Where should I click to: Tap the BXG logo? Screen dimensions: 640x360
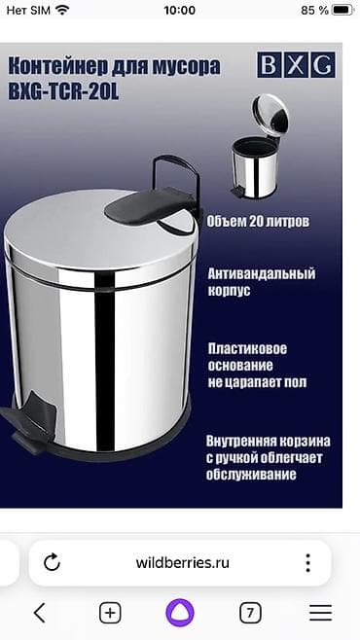click(296, 65)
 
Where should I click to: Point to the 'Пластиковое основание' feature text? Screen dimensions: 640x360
click(258, 365)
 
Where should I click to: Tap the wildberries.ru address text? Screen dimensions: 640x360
click(180, 562)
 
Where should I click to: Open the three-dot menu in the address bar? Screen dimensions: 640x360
click(307, 563)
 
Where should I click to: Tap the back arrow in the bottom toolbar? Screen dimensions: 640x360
click(40, 612)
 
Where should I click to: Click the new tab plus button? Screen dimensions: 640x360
click(110, 612)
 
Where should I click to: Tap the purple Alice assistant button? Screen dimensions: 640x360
click(180, 612)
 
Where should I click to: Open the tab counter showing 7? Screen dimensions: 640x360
click(250, 612)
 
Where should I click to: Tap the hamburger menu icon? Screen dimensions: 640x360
click(320, 612)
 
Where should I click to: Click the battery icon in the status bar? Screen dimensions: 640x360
click(341, 10)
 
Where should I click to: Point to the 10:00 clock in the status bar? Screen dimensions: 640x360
click(180, 10)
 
